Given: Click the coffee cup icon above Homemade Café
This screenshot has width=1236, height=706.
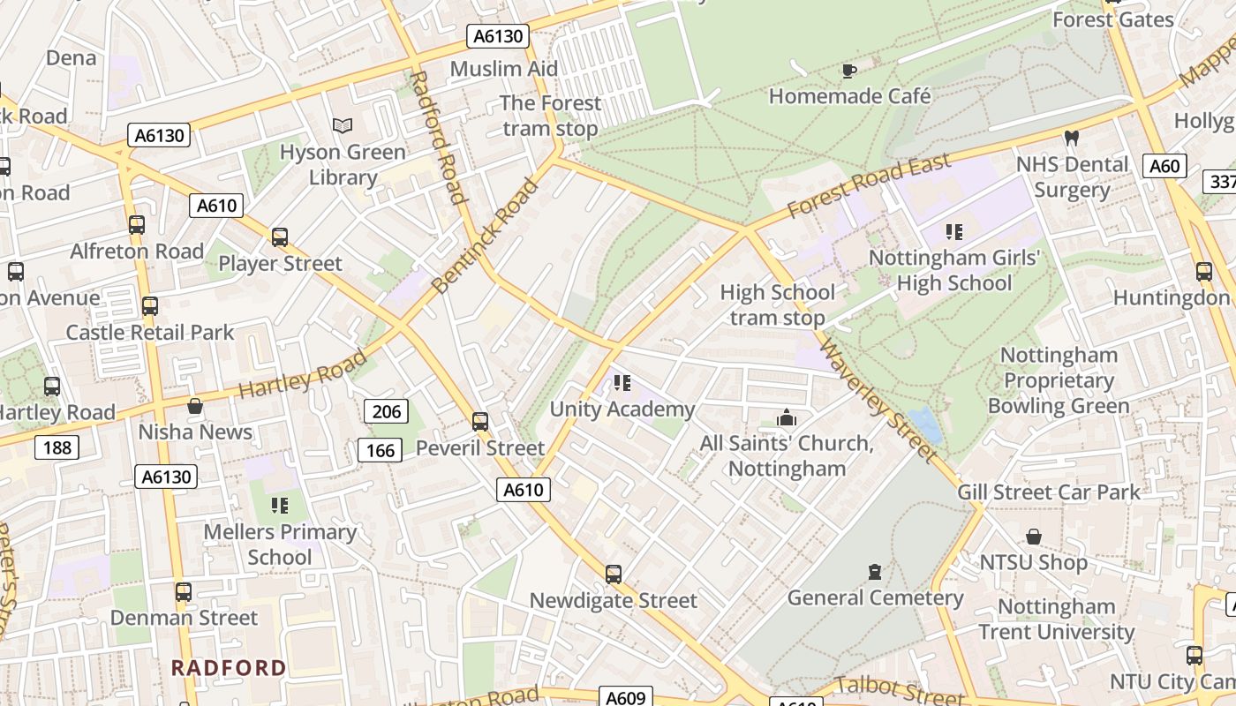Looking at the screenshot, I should pos(849,71).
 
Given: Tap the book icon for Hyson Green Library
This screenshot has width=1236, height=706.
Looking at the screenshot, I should pos(343,126).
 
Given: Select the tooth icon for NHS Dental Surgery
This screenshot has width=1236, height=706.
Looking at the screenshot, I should pos(1072,138).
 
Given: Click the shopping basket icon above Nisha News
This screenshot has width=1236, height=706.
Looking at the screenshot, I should pos(195,406).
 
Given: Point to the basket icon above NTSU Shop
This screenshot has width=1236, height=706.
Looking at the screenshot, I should pos(1033,537).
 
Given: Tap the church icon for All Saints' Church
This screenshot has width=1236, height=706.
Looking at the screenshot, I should pos(786,417).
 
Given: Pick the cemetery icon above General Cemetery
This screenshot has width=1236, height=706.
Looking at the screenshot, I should pos(874,572).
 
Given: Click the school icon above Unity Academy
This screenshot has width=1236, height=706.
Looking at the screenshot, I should pos(622,383).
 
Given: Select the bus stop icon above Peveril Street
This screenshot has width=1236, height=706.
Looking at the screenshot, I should pos(480,422).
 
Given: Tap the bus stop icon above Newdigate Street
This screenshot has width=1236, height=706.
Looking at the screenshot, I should pos(614,575).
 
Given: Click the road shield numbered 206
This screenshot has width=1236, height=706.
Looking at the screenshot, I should pos(387,411).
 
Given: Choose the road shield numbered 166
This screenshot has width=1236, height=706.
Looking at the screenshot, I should pos(381,451).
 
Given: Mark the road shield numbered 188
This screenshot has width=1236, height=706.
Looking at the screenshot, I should pos(57,447).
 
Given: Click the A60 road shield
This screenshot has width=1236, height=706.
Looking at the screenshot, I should pos(1164,166).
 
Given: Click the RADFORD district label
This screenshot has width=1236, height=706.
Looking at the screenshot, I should pos(229,667).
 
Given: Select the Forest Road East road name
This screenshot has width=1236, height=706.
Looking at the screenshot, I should pos(869,186).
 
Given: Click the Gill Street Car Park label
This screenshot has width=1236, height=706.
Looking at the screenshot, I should pos(1049,492).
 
